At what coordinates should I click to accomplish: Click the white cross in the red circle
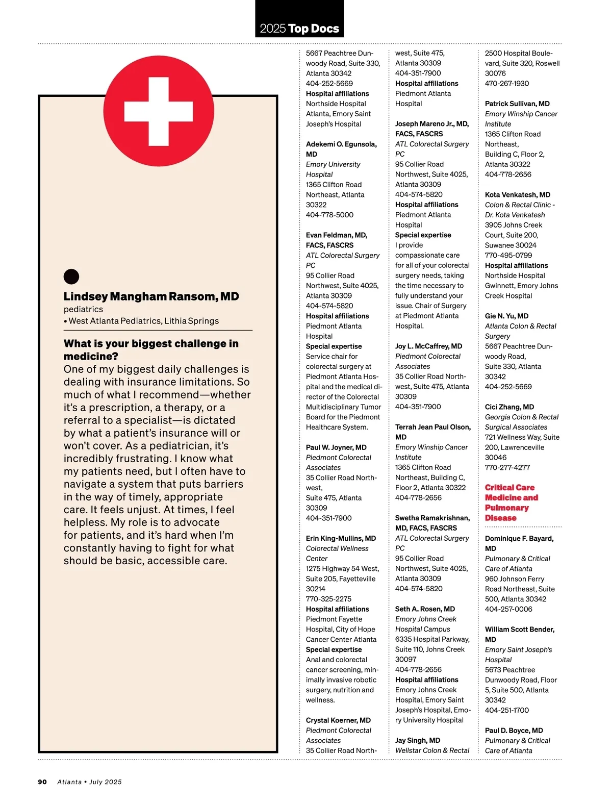click(x=159, y=111)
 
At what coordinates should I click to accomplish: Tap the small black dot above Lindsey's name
click(x=71, y=277)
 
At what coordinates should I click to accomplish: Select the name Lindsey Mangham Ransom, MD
click(x=151, y=296)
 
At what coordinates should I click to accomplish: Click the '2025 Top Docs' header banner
click(x=299, y=29)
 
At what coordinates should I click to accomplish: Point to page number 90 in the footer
click(x=42, y=782)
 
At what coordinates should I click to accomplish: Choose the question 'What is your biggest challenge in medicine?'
click(x=151, y=349)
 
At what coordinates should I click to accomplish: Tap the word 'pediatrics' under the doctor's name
click(x=83, y=309)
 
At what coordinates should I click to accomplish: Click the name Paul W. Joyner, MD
click(x=336, y=447)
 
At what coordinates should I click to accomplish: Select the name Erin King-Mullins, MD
click(x=341, y=538)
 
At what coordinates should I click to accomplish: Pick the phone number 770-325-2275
click(x=328, y=599)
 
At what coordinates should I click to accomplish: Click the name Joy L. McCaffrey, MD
click(x=428, y=346)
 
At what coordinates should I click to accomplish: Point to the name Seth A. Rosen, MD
click(x=425, y=609)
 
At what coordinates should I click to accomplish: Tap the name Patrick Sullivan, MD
click(x=517, y=104)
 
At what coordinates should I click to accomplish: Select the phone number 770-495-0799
click(x=508, y=255)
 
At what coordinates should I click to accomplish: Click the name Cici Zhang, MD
click(x=509, y=407)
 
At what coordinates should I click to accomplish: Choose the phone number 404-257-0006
click(x=508, y=609)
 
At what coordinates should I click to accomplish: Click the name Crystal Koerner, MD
click(x=338, y=720)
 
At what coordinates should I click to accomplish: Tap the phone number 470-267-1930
click(x=506, y=83)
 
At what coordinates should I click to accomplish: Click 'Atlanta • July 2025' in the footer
click(x=89, y=782)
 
